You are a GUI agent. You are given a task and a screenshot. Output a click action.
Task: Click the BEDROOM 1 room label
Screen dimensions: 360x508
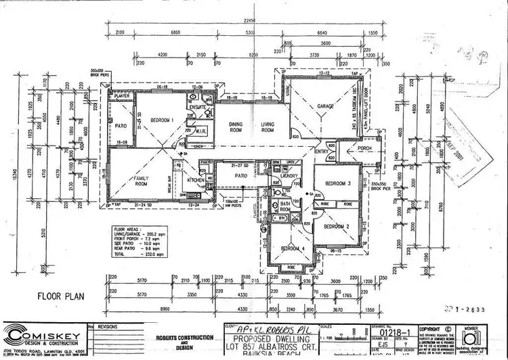click(163, 120)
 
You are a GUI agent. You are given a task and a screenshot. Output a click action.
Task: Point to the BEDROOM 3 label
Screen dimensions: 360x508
click(337, 183)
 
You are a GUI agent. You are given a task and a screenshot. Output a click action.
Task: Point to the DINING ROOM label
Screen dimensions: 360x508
click(235, 127)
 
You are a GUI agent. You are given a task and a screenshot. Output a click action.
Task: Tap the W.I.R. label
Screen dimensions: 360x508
click(200, 131)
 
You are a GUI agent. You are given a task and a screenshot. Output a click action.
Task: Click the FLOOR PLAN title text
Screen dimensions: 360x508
click(60, 296)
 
